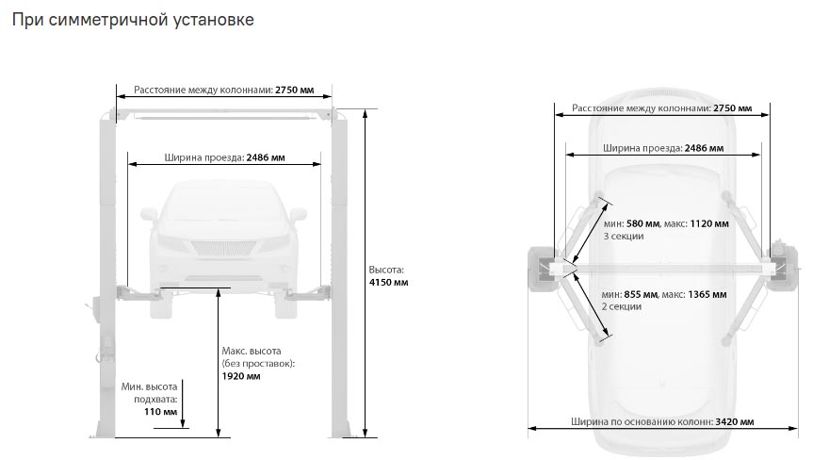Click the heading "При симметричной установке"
tap(133, 20)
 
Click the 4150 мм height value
tap(388, 283)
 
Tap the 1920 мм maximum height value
tap(241, 376)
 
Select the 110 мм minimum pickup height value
tap(160, 411)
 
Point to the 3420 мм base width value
tap(735, 422)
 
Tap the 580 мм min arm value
tap(642, 223)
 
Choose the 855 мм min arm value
tap(641, 294)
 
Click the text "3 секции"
tap(624, 237)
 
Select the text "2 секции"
tap(622, 306)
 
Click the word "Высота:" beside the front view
tap(386, 270)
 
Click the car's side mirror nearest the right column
tap(299, 214)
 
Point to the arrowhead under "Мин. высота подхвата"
tap(183, 422)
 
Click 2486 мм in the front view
tap(266, 157)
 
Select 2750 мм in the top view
tap(732, 108)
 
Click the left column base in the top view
tap(542, 269)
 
